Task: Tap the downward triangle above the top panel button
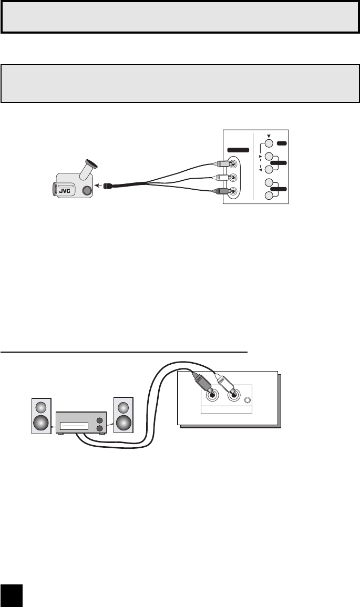[x=269, y=135]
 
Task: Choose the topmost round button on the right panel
[x=269, y=143]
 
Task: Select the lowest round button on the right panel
[x=269, y=196]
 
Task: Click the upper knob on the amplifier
[x=100, y=420]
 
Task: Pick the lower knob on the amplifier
[x=100, y=429]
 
